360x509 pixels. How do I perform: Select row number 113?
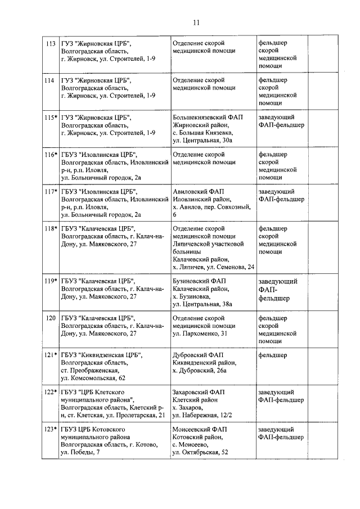50,43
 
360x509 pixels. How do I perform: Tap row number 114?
50,80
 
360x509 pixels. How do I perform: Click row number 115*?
51,117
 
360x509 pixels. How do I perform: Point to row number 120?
50,318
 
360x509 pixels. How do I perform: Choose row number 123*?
51,429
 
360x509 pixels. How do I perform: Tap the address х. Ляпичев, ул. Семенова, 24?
213,267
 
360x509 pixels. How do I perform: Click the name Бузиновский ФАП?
199,281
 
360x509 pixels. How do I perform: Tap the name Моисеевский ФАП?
200,429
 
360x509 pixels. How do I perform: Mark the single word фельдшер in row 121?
272,355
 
